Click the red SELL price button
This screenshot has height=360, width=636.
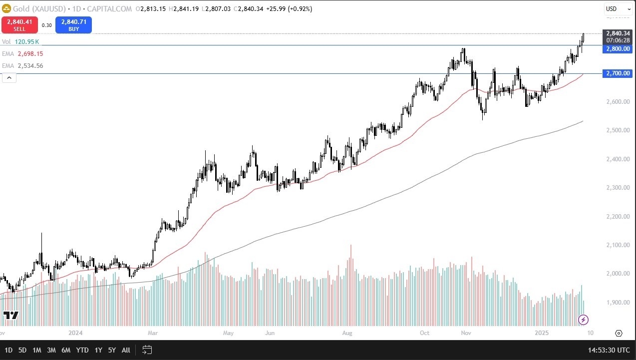pos(19,25)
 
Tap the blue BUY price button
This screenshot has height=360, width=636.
pos(73,25)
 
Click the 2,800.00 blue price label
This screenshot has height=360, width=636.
pos(618,49)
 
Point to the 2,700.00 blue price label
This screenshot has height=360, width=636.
pos(618,73)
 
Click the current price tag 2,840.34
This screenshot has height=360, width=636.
pos(618,33)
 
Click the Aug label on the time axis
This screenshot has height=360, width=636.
pos(347,333)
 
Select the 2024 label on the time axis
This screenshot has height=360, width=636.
pos(75,333)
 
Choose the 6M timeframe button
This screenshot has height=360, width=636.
pos(66,350)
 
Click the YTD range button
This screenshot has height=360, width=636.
pos(82,350)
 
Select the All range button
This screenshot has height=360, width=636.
pos(126,350)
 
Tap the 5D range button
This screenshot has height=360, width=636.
pos(22,350)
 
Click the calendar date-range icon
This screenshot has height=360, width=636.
pos(147,350)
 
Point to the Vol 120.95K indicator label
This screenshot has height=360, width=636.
pos(22,42)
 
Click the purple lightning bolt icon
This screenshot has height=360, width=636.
pos(584,320)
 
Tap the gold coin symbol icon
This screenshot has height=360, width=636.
pos(6,8)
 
